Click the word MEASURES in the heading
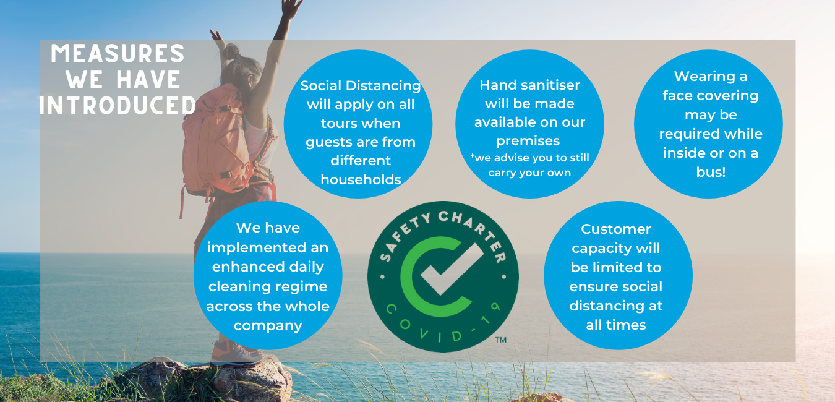click(x=118, y=54)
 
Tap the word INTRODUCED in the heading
click(x=118, y=105)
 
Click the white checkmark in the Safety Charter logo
click(x=452, y=269)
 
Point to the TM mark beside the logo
click(x=500, y=340)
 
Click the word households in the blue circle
click(x=361, y=179)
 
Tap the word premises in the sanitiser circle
click(x=528, y=141)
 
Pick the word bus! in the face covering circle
click(x=711, y=172)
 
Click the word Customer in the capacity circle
click(x=616, y=229)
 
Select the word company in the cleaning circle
click(x=268, y=326)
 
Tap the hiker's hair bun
click(x=232, y=51)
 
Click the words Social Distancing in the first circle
click(x=361, y=86)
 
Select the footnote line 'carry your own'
click(x=529, y=173)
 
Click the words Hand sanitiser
click(x=529, y=85)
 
